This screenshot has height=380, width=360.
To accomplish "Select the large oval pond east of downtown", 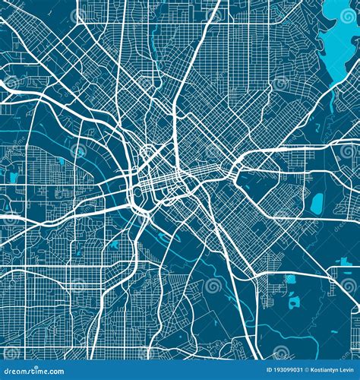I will coord(317,203).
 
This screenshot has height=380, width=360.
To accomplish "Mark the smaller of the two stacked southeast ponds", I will coord(290,279).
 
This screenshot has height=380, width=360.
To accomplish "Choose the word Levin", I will coord(348,372).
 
